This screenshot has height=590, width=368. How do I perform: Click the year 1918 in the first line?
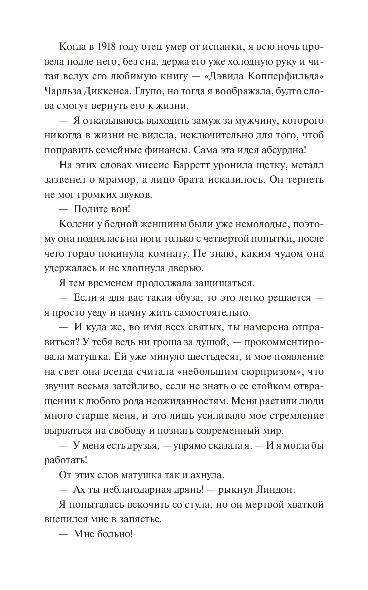[107, 48]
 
